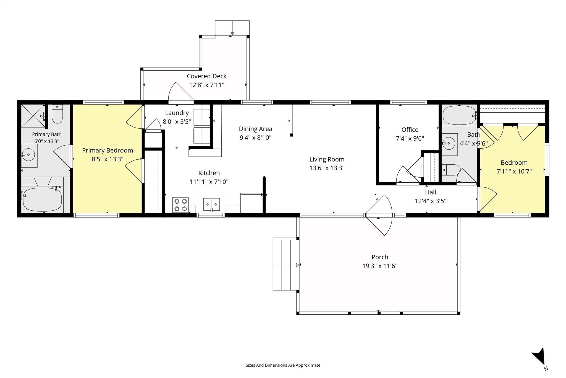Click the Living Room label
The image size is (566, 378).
pos(327,159)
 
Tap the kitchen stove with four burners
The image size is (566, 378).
pos(181,205)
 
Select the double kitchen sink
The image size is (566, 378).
pos(211,204)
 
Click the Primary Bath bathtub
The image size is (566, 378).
pos(42,199)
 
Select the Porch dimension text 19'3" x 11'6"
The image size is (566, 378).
pos(380,266)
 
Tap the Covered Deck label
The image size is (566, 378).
pos(207,76)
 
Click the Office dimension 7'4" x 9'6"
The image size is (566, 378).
pos(410,138)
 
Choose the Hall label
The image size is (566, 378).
pos(431,192)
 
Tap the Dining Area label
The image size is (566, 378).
pos(256,129)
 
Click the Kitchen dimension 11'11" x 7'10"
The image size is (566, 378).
pos(209,182)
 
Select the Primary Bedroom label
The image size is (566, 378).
pos(108,150)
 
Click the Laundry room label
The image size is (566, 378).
pos(177,113)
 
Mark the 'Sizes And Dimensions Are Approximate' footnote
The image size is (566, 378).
pos(283,365)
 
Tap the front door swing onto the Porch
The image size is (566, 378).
pos(379,215)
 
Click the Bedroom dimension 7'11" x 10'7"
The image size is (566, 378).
pos(514,171)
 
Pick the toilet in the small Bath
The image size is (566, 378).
pos(450,170)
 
